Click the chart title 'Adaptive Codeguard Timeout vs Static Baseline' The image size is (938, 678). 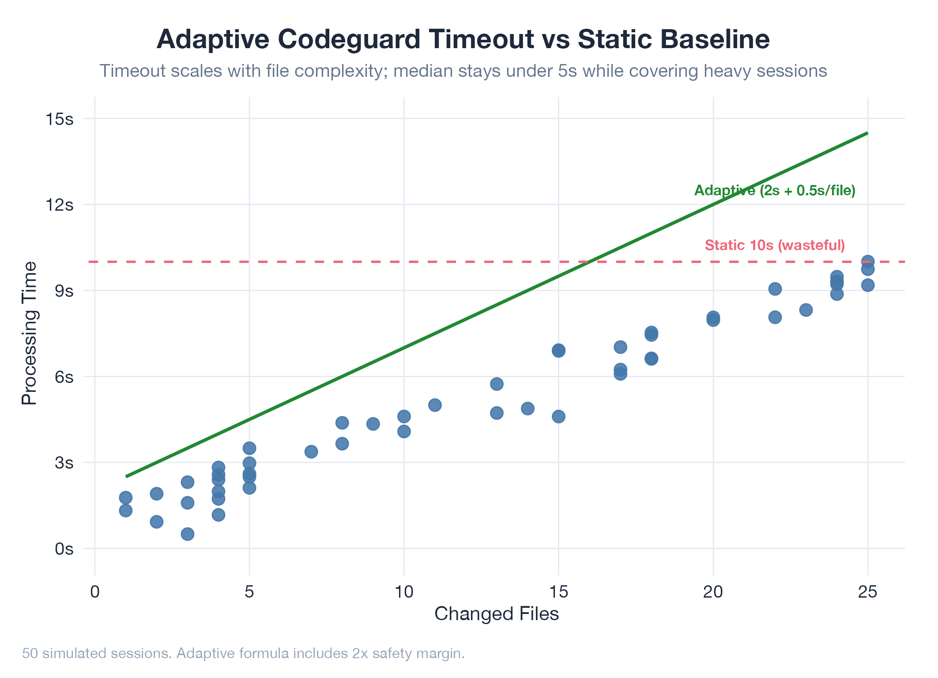point(463,39)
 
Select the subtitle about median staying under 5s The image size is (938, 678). point(463,71)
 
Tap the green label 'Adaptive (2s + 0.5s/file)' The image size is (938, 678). point(775,190)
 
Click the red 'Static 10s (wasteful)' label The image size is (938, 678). point(775,245)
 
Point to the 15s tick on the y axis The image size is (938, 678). point(59,119)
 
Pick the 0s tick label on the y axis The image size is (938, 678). point(64,549)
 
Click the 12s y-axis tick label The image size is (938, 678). point(59,205)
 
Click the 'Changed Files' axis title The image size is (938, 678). point(497,614)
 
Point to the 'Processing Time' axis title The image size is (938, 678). point(30,333)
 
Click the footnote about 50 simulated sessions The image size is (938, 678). point(243,653)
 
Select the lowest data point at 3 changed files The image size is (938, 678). point(188,534)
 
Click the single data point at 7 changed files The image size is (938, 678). point(311,451)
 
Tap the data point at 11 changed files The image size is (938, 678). point(435,405)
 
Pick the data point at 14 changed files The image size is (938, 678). point(527,409)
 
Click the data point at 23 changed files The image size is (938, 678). point(806,310)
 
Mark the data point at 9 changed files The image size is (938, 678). point(373,424)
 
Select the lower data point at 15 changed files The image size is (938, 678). point(558,417)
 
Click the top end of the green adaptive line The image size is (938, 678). point(867,133)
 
